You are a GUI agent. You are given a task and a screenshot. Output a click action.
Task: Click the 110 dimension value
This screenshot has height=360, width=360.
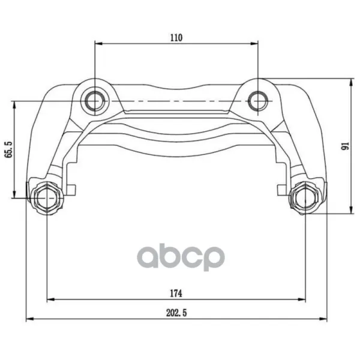pos(176,37)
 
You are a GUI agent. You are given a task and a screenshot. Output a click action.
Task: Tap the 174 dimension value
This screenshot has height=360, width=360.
pos(176,293)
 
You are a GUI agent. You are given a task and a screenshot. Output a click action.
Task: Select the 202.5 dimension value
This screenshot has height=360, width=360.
pos(176,313)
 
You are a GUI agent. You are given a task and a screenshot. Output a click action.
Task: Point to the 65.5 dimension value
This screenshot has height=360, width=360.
pos(9,149)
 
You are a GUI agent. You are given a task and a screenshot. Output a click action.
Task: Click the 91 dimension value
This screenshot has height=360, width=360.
pos(345,146)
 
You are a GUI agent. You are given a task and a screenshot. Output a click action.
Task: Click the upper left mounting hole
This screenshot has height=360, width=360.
pos(95,101)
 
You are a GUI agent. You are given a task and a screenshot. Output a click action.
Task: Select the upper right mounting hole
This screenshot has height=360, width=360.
pos(258,101)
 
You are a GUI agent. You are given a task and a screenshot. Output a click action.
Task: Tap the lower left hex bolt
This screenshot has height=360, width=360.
pos(47,198)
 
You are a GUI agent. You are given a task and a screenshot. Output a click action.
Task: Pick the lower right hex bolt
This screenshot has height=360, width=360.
pos(305,198)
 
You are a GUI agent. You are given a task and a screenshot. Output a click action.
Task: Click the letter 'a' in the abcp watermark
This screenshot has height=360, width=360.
pos(148,257)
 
